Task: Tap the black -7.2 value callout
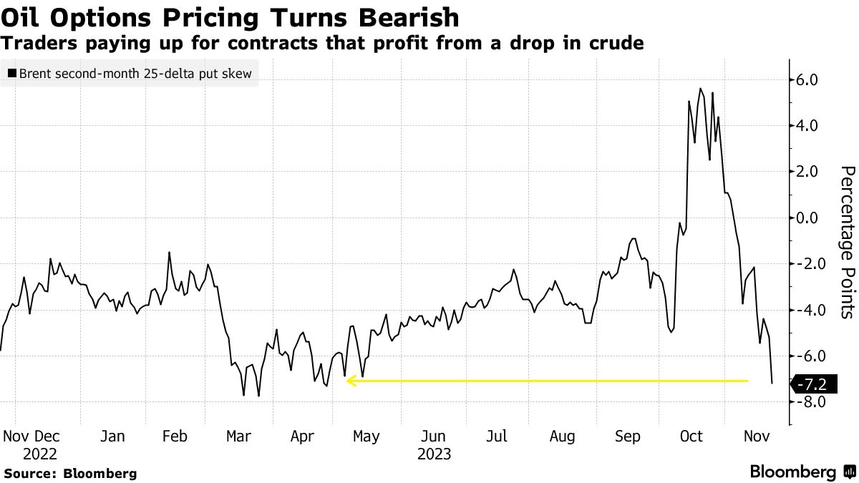(812, 385)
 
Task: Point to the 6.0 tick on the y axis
(812, 79)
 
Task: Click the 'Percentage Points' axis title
(848, 242)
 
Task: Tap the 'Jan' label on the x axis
(112, 436)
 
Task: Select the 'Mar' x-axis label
(238, 436)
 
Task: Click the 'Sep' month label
(628, 436)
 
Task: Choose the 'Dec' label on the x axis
(47, 436)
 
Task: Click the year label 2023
(434, 454)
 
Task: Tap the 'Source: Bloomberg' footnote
(70, 473)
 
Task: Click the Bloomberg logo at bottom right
(802, 472)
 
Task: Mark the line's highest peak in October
(700, 89)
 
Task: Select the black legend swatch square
(11, 74)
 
